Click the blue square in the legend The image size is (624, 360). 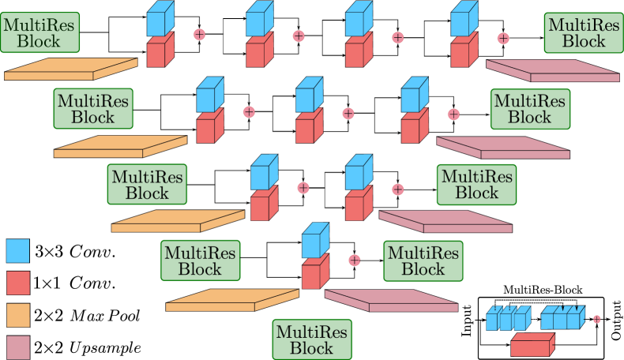coord(17,251)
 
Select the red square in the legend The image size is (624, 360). coord(17,283)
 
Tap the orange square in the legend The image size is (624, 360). coord(17,315)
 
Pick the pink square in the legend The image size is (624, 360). coord(17,347)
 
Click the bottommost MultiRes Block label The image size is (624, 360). coord(312,339)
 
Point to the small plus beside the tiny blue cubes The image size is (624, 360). coord(596,319)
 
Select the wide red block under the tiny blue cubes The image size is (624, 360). coord(532,345)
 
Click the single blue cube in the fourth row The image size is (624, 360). coord(315,241)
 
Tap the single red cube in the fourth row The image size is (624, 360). coord(315,273)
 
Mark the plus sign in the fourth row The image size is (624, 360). coord(355,260)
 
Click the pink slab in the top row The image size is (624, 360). coord(553,71)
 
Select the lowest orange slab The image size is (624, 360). coord(232,300)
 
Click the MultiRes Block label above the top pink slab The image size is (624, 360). coord(584,33)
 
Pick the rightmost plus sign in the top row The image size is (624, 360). coord(503,38)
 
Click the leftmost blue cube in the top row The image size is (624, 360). coord(160,19)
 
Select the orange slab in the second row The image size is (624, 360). coord(120,147)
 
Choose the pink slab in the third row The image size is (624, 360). coord(445,222)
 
